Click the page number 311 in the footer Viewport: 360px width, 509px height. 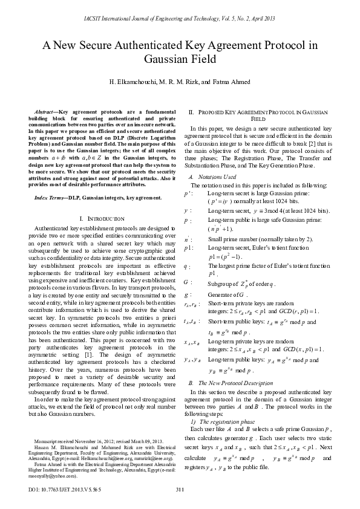point(179,488)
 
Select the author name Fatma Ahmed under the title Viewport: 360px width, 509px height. point(232,82)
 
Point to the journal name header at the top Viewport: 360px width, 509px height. point(179,20)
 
